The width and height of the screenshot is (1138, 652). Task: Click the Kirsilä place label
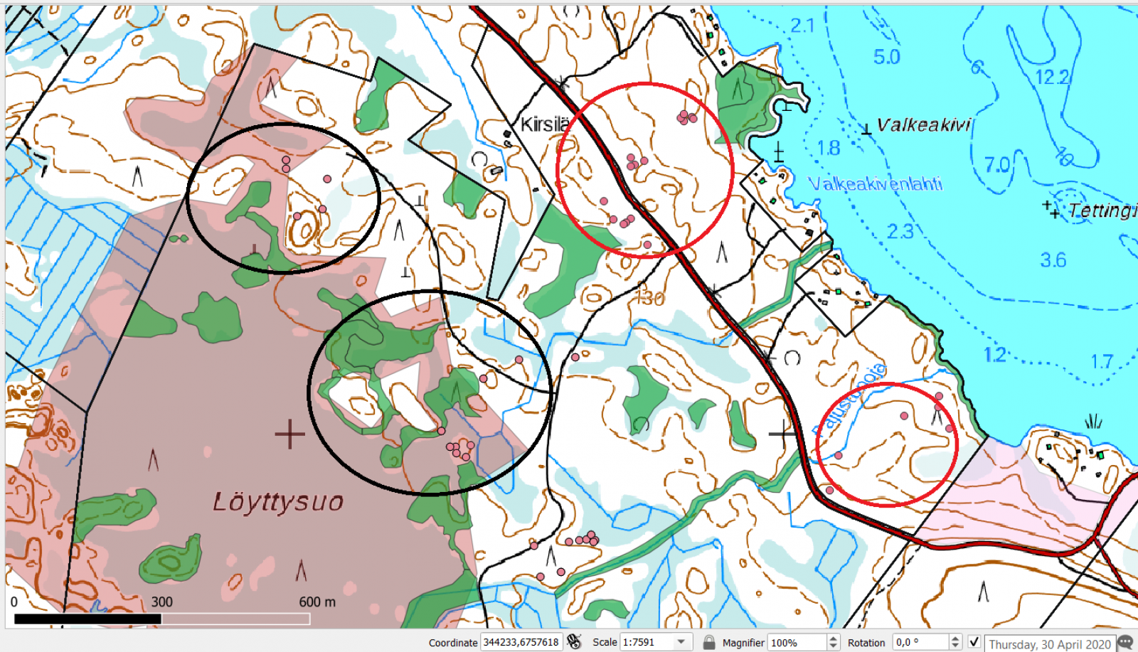click(x=544, y=124)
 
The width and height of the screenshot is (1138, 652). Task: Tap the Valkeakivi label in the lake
click(x=923, y=125)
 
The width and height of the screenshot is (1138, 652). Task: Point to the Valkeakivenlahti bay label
click(x=875, y=184)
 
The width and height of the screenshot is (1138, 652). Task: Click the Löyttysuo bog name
click(x=278, y=502)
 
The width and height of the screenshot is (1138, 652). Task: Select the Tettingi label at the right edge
click(x=1102, y=210)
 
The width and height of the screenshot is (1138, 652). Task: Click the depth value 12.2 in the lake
click(x=1053, y=77)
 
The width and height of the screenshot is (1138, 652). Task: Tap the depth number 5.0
click(x=886, y=57)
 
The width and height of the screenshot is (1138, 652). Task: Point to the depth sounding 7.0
click(x=997, y=165)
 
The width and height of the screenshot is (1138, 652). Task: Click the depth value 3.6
click(x=1053, y=260)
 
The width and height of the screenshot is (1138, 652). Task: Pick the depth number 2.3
click(x=900, y=231)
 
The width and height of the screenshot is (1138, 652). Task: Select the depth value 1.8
click(x=829, y=148)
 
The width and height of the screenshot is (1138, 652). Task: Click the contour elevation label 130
click(x=649, y=299)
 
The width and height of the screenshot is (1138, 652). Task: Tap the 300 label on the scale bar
click(x=161, y=602)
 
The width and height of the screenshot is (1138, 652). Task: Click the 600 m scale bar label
click(x=317, y=602)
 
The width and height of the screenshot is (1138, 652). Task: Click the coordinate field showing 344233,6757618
click(x=521, y=642)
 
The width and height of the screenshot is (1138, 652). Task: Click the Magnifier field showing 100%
click(x=797, y=642)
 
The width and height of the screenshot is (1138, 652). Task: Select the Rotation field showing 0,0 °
click(x=921, y=642)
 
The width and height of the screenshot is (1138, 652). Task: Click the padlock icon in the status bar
click(x=709, y=642)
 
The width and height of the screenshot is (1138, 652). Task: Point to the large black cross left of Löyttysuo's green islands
click(x=289, y=434)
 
